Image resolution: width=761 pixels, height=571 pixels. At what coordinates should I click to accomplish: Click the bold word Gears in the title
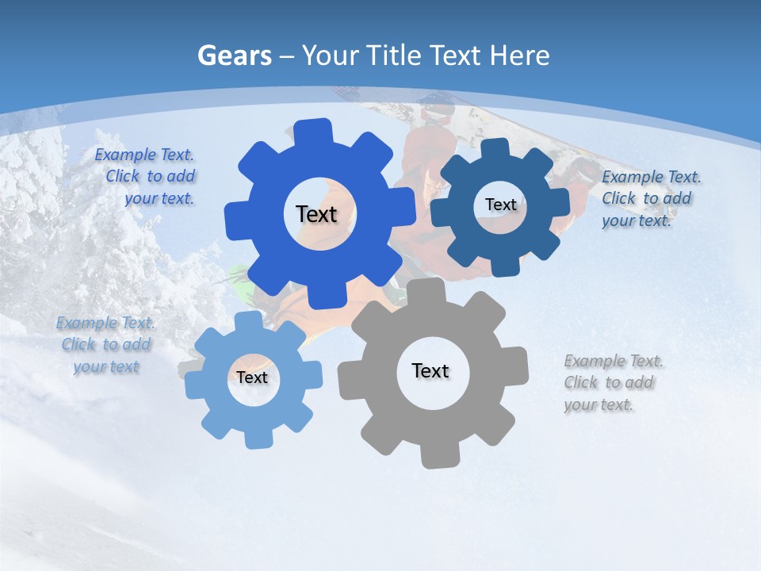click(x=233, y=56)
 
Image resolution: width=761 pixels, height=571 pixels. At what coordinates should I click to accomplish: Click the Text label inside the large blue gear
click(x=316, y=214)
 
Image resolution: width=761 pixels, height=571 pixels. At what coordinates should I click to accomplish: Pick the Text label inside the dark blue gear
click(x=500, y=205)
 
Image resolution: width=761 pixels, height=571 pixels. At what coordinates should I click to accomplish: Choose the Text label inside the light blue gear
click(x=252, y=377)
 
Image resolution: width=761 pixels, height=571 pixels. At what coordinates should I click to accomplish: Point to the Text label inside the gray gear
click(x=430, y=370)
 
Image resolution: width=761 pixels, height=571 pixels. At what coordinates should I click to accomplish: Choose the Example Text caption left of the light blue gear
click(x=106, y=345)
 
